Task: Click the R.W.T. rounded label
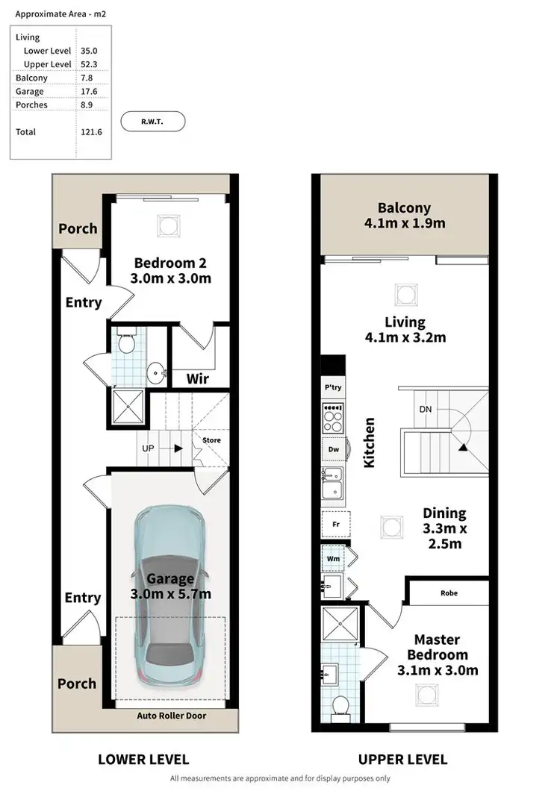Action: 152,121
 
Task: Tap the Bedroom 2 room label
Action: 169,270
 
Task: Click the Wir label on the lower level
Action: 197,379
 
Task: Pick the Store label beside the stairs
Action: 212,440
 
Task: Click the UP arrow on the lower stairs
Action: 178,449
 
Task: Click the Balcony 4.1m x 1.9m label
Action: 404,216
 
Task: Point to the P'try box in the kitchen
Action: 332,388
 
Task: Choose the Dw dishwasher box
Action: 333,450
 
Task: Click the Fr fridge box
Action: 335,525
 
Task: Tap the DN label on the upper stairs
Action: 425,410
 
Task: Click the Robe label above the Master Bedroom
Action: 448,593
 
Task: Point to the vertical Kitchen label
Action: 369,443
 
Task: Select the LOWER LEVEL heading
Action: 143,760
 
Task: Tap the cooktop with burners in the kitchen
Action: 333,419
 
